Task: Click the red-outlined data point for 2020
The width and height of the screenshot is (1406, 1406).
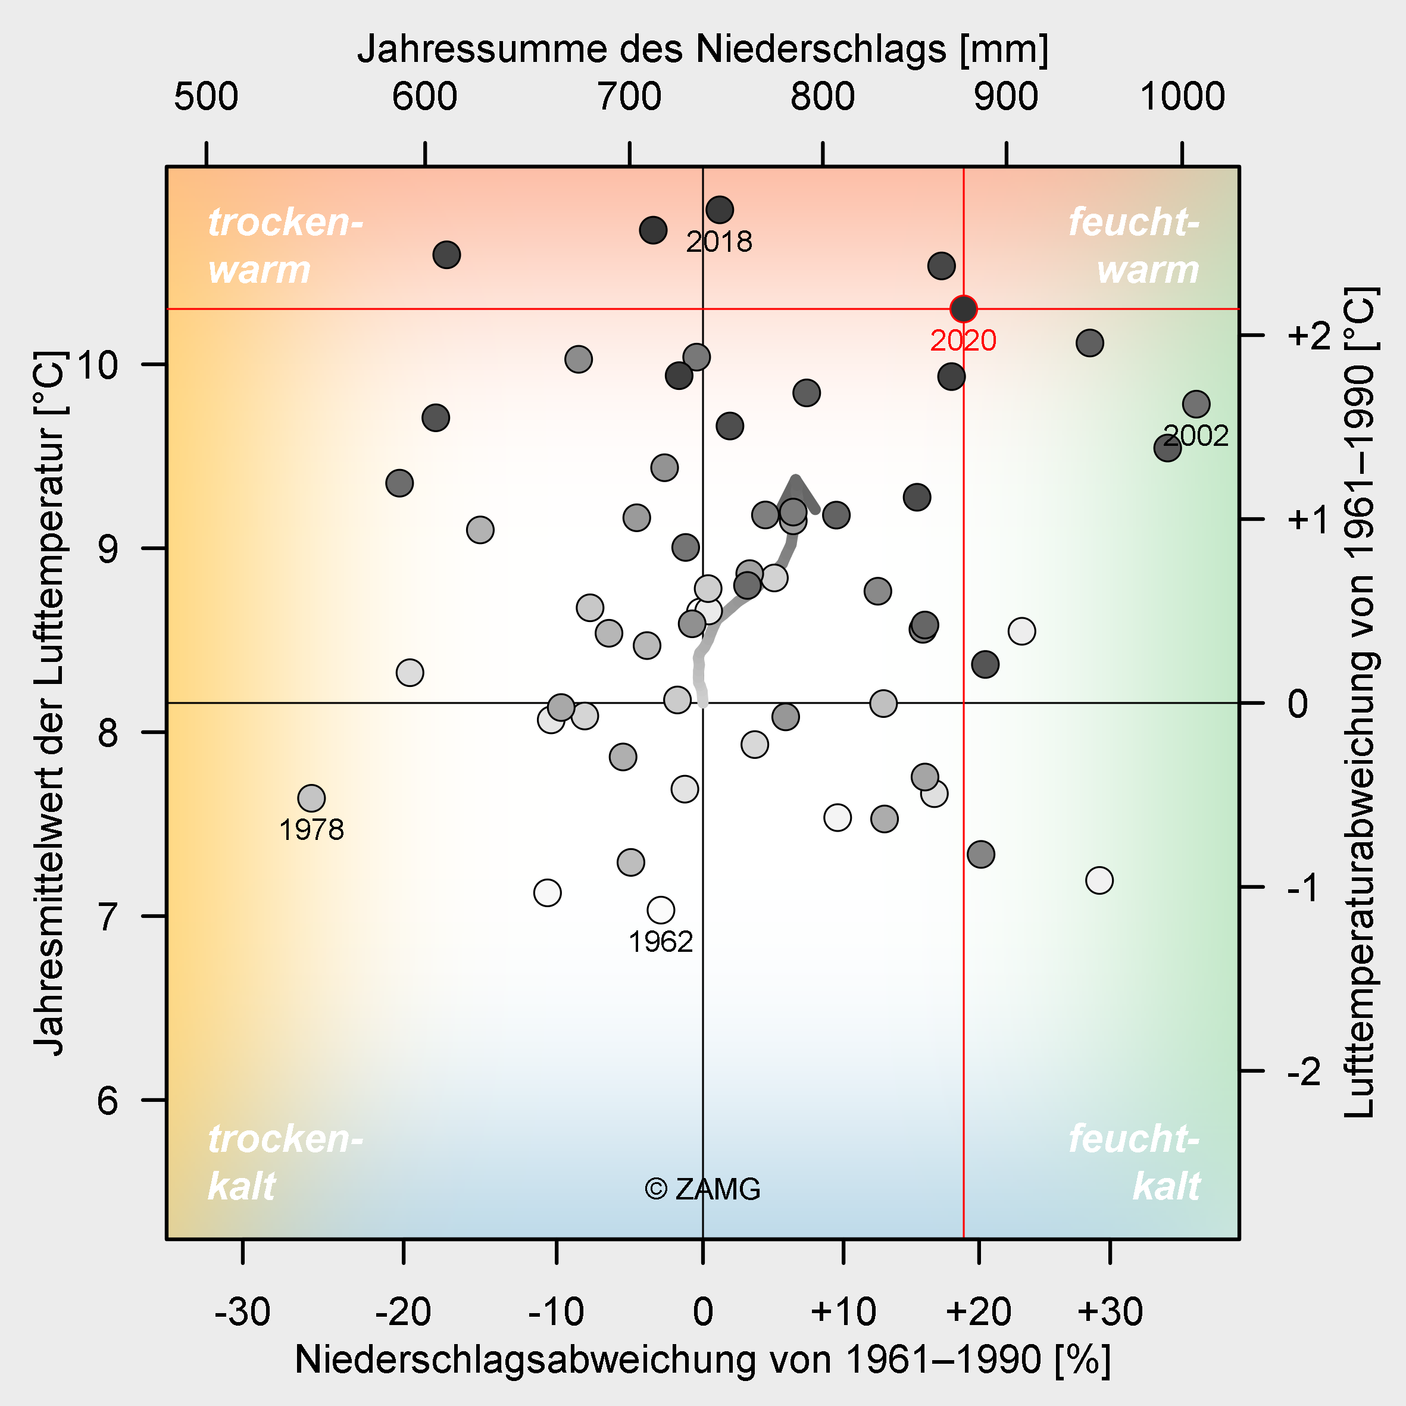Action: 964,308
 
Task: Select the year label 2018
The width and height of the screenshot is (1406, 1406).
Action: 719,242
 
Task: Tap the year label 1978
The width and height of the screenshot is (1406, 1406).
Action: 311,830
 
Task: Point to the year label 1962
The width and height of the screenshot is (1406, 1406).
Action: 661,942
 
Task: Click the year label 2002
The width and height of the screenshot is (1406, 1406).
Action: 1196,436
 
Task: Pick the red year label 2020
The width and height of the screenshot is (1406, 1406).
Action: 964,340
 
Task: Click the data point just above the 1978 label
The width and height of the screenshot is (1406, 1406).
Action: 311,798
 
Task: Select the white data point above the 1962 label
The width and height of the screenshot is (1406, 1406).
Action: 661,910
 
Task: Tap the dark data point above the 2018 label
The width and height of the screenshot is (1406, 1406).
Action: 720,210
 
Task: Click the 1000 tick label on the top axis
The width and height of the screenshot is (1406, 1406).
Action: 1183,97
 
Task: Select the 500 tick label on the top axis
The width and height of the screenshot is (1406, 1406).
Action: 206,97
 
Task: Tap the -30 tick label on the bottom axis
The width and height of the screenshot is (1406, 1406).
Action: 242,1312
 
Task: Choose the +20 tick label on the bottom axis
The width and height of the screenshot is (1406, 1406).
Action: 979,1312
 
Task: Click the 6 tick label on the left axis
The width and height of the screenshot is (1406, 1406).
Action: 107,1101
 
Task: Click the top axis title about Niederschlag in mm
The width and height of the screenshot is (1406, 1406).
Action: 703,49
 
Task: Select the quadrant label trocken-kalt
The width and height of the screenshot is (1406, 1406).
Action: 285,1162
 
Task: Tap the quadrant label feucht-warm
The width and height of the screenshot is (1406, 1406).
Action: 1134,245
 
